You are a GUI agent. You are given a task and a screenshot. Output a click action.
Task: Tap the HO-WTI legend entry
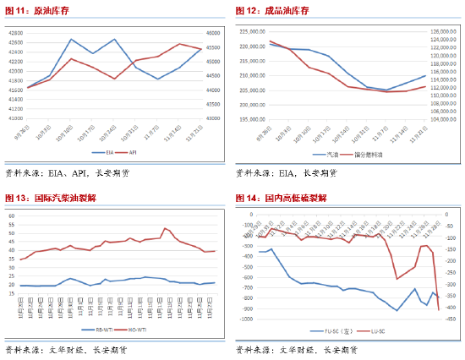tap(133, 330)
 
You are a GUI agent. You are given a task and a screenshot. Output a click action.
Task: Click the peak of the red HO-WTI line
tap(166, 228)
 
